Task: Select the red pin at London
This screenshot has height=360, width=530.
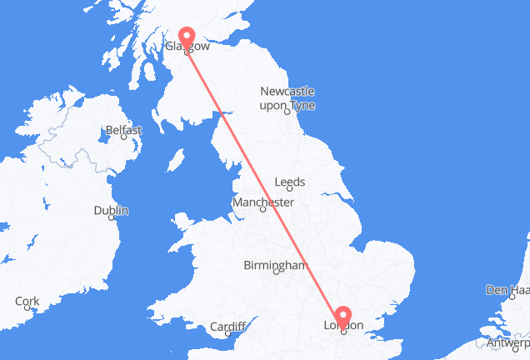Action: coord(342,314)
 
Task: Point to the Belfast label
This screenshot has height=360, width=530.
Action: coord(123,130)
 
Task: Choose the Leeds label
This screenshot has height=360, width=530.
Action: coord(290,182)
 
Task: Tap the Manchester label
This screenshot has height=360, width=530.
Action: coord(263,202)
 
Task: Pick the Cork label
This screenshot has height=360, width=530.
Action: coord(27,301)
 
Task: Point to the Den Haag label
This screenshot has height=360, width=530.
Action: coord(508,291)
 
